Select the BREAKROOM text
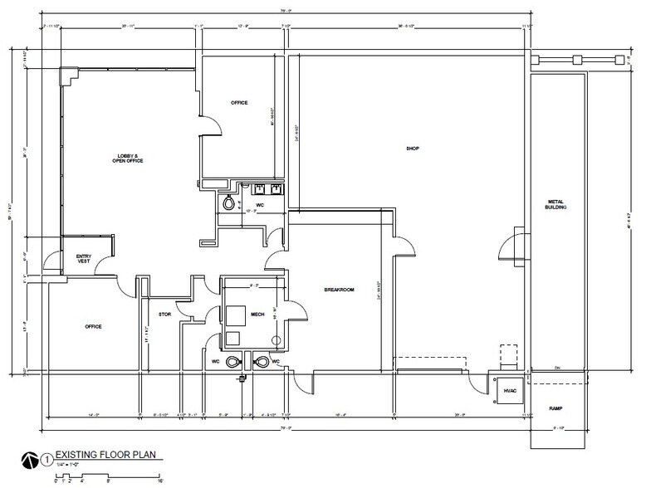[x=339, y=290]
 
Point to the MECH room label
[x=257, y=315]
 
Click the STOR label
[x=164, y=315]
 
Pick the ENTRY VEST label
[x=82, y=259]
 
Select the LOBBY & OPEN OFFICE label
[x=129, y=158]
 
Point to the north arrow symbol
[x=28, y=457]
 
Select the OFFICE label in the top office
[x=240, y=102]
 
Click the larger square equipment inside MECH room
[x=234, y=315]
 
